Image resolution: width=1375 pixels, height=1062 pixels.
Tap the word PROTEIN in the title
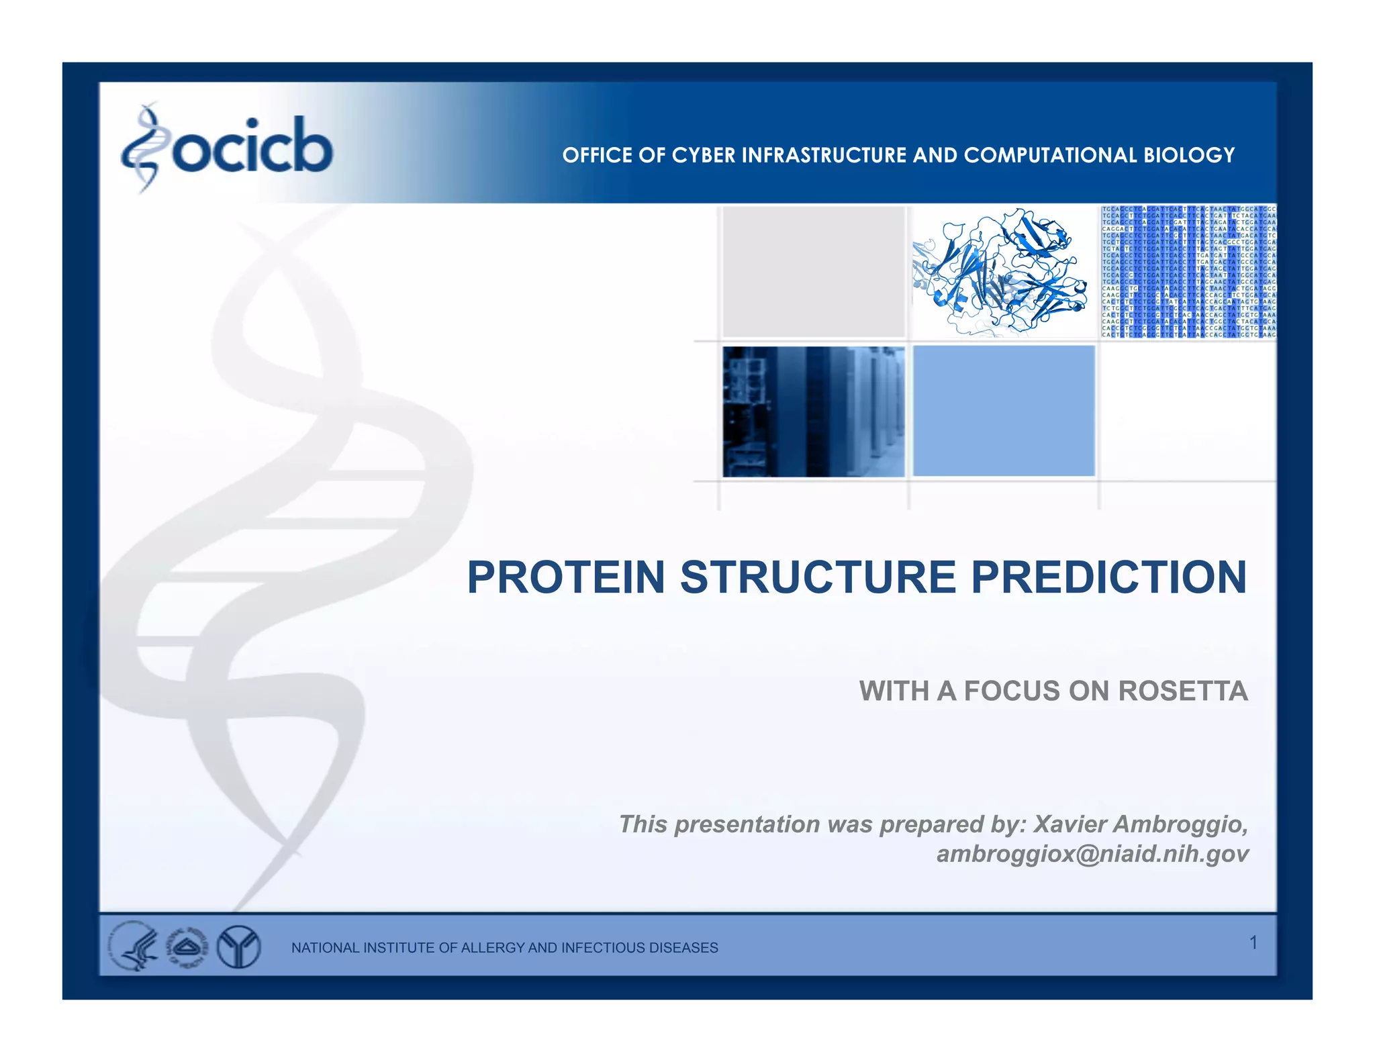point(565,577)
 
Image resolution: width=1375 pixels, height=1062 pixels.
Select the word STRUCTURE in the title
point(818,577)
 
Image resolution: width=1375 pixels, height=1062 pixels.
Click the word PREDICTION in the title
point(1108,577)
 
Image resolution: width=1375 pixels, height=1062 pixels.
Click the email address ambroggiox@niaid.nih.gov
point(1092,854)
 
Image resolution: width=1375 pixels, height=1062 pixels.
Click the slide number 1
point(1253,943)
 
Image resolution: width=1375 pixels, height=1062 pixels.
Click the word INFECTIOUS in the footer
point(602,948)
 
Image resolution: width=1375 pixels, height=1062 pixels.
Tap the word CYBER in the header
point(704,155)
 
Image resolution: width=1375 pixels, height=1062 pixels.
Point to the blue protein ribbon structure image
point(1001,272)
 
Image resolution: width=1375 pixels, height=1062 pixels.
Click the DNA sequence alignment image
point(1188,272)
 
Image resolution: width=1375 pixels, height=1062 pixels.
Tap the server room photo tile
point(813,412)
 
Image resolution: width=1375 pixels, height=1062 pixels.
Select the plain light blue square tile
point(1004,411)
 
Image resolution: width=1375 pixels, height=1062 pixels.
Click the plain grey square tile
point(813,272)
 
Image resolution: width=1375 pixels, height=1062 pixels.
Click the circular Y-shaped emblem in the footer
point(239,947)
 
